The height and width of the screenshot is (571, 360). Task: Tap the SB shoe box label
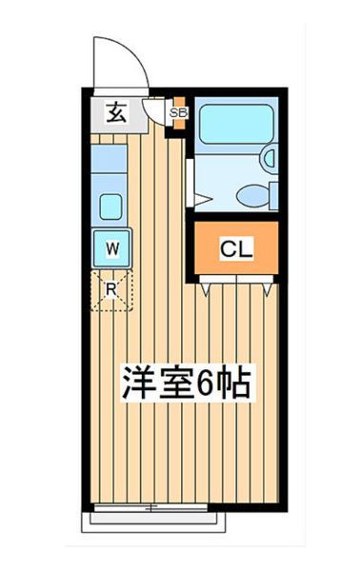click(176, 113)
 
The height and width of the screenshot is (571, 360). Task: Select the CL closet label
click(235, 249)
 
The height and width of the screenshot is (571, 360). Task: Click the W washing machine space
click(112, 248)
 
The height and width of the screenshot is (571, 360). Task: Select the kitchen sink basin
click(111, 205)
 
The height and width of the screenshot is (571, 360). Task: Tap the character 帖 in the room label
click(236, 383)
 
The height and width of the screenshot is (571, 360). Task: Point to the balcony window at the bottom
click(158, 520)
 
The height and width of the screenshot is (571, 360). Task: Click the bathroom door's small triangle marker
click(202, 199)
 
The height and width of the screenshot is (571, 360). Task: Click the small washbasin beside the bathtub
click(270, 157)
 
